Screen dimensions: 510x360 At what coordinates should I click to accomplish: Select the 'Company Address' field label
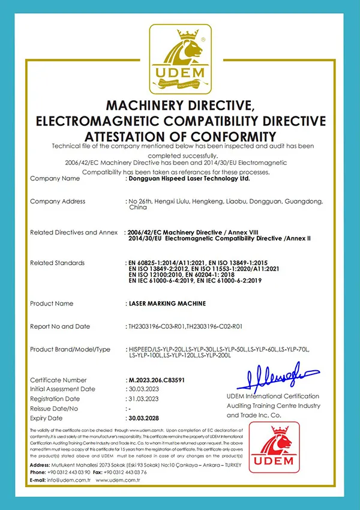[58, 202]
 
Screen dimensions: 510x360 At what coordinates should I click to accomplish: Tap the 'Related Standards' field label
[58, 263]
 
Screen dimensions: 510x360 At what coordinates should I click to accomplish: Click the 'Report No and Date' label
[61, 326]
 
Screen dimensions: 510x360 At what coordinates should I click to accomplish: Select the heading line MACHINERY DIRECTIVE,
[180, 106]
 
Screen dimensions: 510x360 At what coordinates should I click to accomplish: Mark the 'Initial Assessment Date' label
[63, 389]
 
